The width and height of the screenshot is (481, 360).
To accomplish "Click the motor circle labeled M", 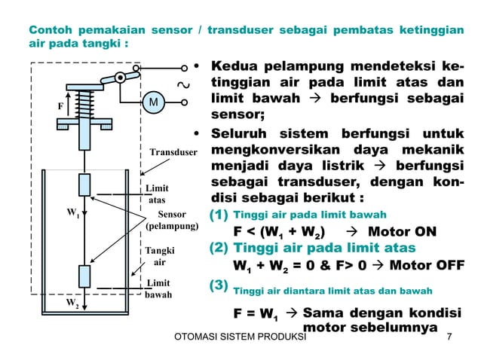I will point(153,102).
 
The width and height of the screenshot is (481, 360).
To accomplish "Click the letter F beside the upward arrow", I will point(60,106).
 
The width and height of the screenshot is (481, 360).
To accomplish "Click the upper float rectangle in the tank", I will point(85,185).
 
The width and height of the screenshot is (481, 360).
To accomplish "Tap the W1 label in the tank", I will point(74,213).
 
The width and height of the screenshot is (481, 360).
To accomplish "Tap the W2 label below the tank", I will point(74,304).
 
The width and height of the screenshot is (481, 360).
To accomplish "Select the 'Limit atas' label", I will point(157,194).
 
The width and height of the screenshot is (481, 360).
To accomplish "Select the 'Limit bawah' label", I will point(158,289).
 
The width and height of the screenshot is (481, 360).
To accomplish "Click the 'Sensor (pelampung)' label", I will point(172,220).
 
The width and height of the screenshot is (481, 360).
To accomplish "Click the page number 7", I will point(449,337).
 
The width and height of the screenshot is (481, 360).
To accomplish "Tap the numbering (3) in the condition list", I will point(217,285).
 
